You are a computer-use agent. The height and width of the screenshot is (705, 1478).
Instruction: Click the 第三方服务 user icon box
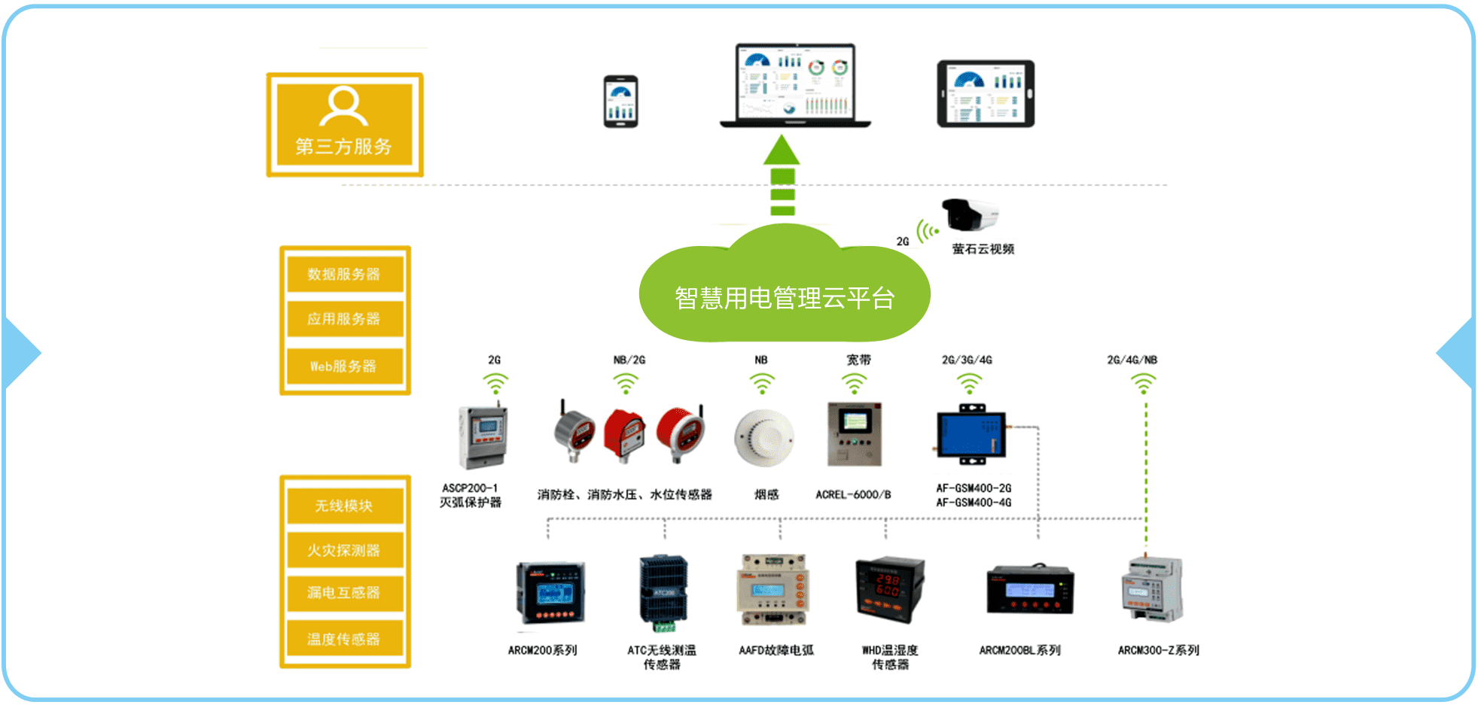(344, 124)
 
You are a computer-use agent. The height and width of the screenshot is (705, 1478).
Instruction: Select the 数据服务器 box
(344, 274)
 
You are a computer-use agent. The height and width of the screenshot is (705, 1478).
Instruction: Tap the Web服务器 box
(344, 366)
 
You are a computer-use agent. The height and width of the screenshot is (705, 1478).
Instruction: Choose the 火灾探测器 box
(344, 551)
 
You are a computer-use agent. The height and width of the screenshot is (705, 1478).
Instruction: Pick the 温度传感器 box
(344, 640)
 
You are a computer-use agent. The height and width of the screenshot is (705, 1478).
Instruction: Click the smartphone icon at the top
(620, 102)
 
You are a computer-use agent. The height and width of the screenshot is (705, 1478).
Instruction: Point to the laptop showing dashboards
(794, 84)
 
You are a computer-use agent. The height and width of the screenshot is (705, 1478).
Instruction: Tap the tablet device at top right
(985, 94)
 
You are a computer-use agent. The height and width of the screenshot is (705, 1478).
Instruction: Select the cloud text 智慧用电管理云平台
(784, 299)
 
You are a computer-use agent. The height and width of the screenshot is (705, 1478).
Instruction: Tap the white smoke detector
(763, 438)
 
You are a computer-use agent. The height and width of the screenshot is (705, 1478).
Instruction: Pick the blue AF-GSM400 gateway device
(971, 435)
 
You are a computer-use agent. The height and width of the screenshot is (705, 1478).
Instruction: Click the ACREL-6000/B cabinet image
(854, 434)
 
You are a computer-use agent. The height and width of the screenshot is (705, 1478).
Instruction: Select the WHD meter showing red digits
(889, 590)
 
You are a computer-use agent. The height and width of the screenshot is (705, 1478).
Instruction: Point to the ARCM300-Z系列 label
(1158, 650)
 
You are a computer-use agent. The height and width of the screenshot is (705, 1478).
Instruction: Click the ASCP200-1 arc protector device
(482, 436)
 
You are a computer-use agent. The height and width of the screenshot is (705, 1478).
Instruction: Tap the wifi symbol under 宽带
(854, 384)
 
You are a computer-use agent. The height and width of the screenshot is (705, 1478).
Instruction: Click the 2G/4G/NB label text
(1132, 360)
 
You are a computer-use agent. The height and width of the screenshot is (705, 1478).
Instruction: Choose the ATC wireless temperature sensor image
(663, 593)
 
